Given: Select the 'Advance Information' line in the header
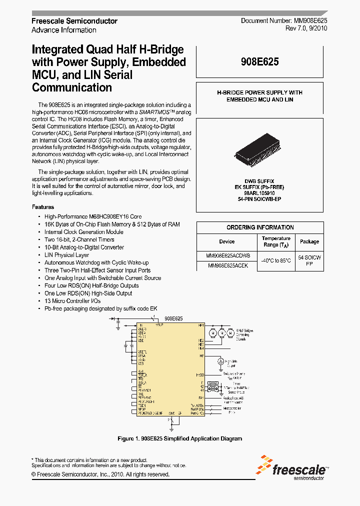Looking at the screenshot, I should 64,30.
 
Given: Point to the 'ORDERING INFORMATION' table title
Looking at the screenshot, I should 259,227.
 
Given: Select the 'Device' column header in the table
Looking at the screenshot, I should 226,241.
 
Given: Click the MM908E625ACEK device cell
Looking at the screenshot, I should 226,266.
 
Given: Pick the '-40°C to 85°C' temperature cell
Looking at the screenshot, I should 276,260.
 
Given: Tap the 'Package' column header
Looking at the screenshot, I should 309,241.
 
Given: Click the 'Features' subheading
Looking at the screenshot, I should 43,207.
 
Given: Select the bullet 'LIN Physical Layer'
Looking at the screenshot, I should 66,255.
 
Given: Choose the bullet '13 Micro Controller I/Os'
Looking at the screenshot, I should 72,301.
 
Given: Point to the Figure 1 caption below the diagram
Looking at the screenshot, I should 179,438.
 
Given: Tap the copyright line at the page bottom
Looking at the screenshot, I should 100,474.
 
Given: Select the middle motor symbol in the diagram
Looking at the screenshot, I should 221,332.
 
